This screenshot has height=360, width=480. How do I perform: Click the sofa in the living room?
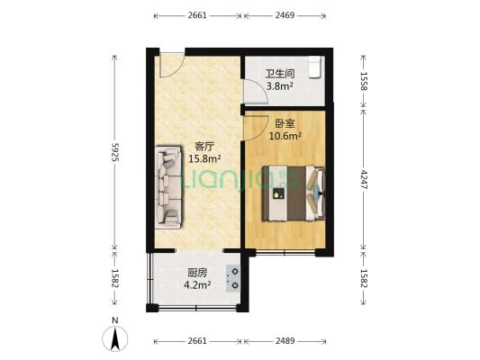point(169,186)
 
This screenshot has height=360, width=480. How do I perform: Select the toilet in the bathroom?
point(314,68)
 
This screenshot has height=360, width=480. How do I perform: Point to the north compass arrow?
point(115,338)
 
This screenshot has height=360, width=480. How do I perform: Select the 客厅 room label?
point(204,146)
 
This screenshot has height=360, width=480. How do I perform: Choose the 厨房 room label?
point(197,273)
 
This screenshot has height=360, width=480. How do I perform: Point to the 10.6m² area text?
point(285,137)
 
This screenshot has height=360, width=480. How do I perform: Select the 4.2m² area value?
point(198,285)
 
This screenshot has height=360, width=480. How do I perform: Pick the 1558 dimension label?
point(364,84)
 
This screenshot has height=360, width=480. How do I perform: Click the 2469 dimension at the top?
point(286,15)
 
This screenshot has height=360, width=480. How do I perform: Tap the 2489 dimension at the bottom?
point(288,341)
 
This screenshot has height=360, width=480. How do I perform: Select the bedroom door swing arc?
point(254,126)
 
